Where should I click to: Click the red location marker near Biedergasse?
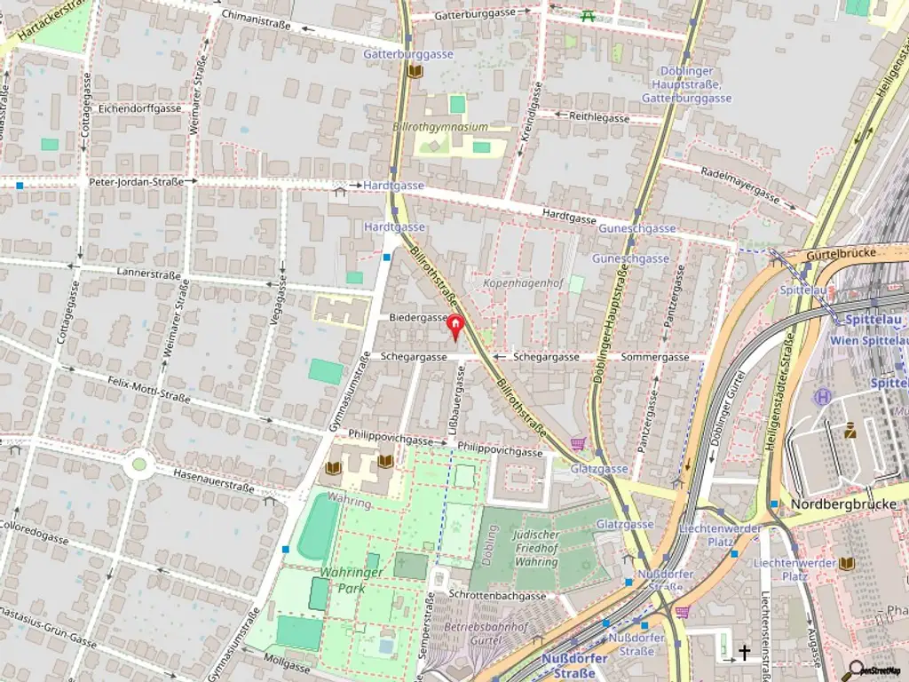[455, 328]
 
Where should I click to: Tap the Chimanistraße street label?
[256, 15]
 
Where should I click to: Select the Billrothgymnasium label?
[440, 127]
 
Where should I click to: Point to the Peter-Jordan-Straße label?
[137, 182]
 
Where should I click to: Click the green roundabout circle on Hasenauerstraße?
[138, 463]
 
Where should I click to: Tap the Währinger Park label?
[352, 580]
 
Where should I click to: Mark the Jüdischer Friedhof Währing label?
[536, 548]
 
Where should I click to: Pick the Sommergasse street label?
[655, 357]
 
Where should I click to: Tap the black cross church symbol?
[745, 653]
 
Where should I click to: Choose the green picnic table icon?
[587, 14]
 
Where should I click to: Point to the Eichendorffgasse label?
[140, 108]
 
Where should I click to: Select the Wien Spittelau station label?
[869, 340]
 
